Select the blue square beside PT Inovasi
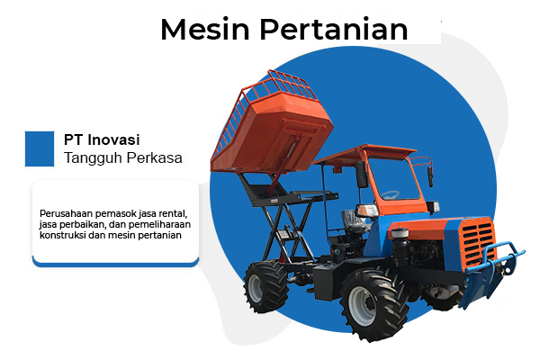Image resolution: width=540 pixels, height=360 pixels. [40, 148]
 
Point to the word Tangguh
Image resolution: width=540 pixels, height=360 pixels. [94, 158]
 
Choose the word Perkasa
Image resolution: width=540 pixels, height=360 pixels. [154, 158]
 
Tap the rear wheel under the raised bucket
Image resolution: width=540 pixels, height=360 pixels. [267, 286]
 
